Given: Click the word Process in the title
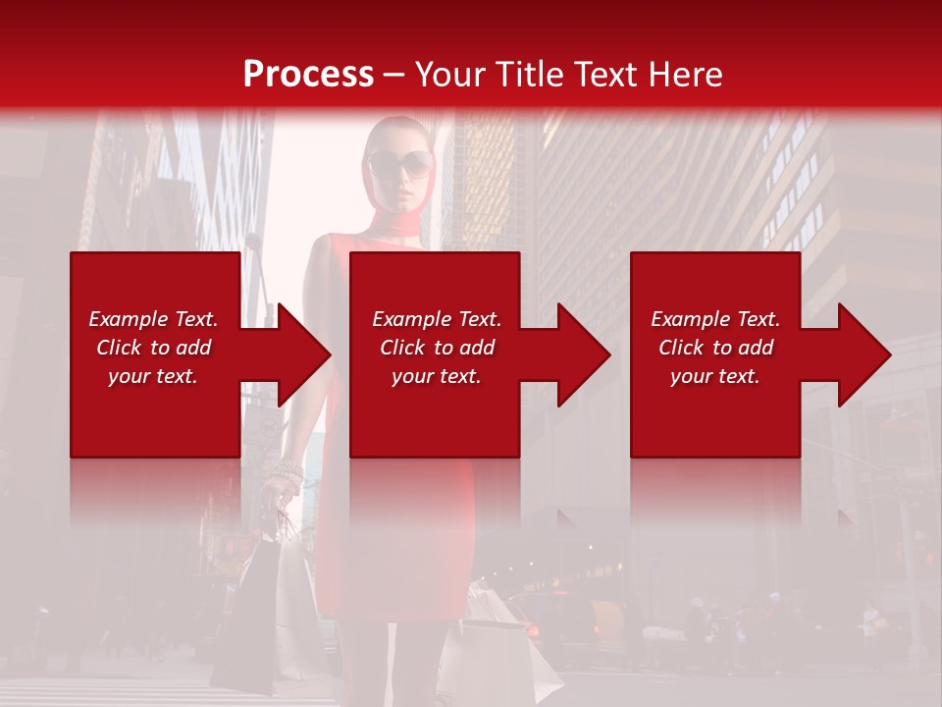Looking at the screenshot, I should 308,75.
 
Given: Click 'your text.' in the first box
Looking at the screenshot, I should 153,376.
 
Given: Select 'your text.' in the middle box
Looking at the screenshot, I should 437,376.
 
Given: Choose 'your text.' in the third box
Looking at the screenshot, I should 715,376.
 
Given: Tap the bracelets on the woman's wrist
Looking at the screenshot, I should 288,475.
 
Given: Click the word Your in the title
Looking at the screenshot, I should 449,75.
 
